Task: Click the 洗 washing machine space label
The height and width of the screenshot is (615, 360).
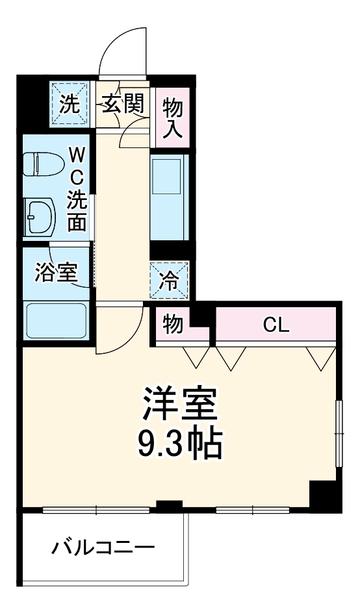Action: [x=69, y=104]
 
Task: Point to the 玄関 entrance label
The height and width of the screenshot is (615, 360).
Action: [x=123, y=104]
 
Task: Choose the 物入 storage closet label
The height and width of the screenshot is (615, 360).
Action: [x=173, y=118]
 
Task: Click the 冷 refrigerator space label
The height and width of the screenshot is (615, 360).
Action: [x=169, y=281]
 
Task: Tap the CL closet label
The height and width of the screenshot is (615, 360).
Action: [x=276, y=325]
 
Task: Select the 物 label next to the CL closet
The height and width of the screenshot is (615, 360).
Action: [x=173, y=325]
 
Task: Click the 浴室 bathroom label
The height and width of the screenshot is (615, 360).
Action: [x=57, y=273]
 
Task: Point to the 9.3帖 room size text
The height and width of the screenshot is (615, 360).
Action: [x=180, y=444]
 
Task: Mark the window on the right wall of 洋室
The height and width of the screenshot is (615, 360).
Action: [x=340, y=433]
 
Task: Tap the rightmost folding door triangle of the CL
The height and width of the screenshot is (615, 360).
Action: [x=321, y=358]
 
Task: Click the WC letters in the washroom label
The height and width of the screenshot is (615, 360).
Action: [x=77, y=166]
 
